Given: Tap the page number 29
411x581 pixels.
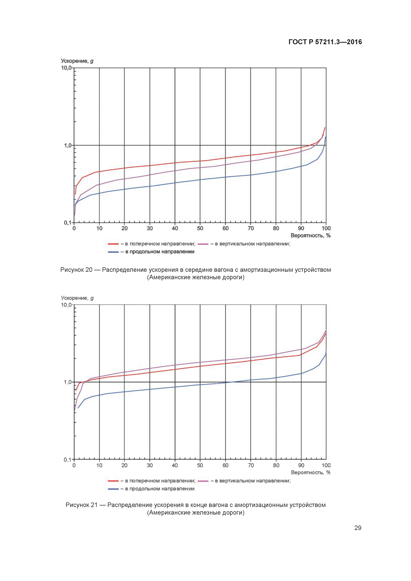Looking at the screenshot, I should pyautogui.click(x=358, y=528).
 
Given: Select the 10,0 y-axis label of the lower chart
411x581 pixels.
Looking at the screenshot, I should pyautogui.click(x=66, y=305).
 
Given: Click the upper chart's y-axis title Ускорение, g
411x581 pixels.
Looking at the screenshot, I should pyautogui.click(x=77, y=61).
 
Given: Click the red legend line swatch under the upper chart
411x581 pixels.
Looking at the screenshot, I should pyautogui.click(x=113, y=244).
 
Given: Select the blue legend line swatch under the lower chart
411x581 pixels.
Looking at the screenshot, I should pyautogui.click(x=113, y=489).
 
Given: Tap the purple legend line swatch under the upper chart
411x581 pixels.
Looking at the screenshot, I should pyautogui.click(x=203, y=244).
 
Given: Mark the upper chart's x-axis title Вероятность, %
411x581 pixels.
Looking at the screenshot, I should pyautogui.click(x=310, y=236).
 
